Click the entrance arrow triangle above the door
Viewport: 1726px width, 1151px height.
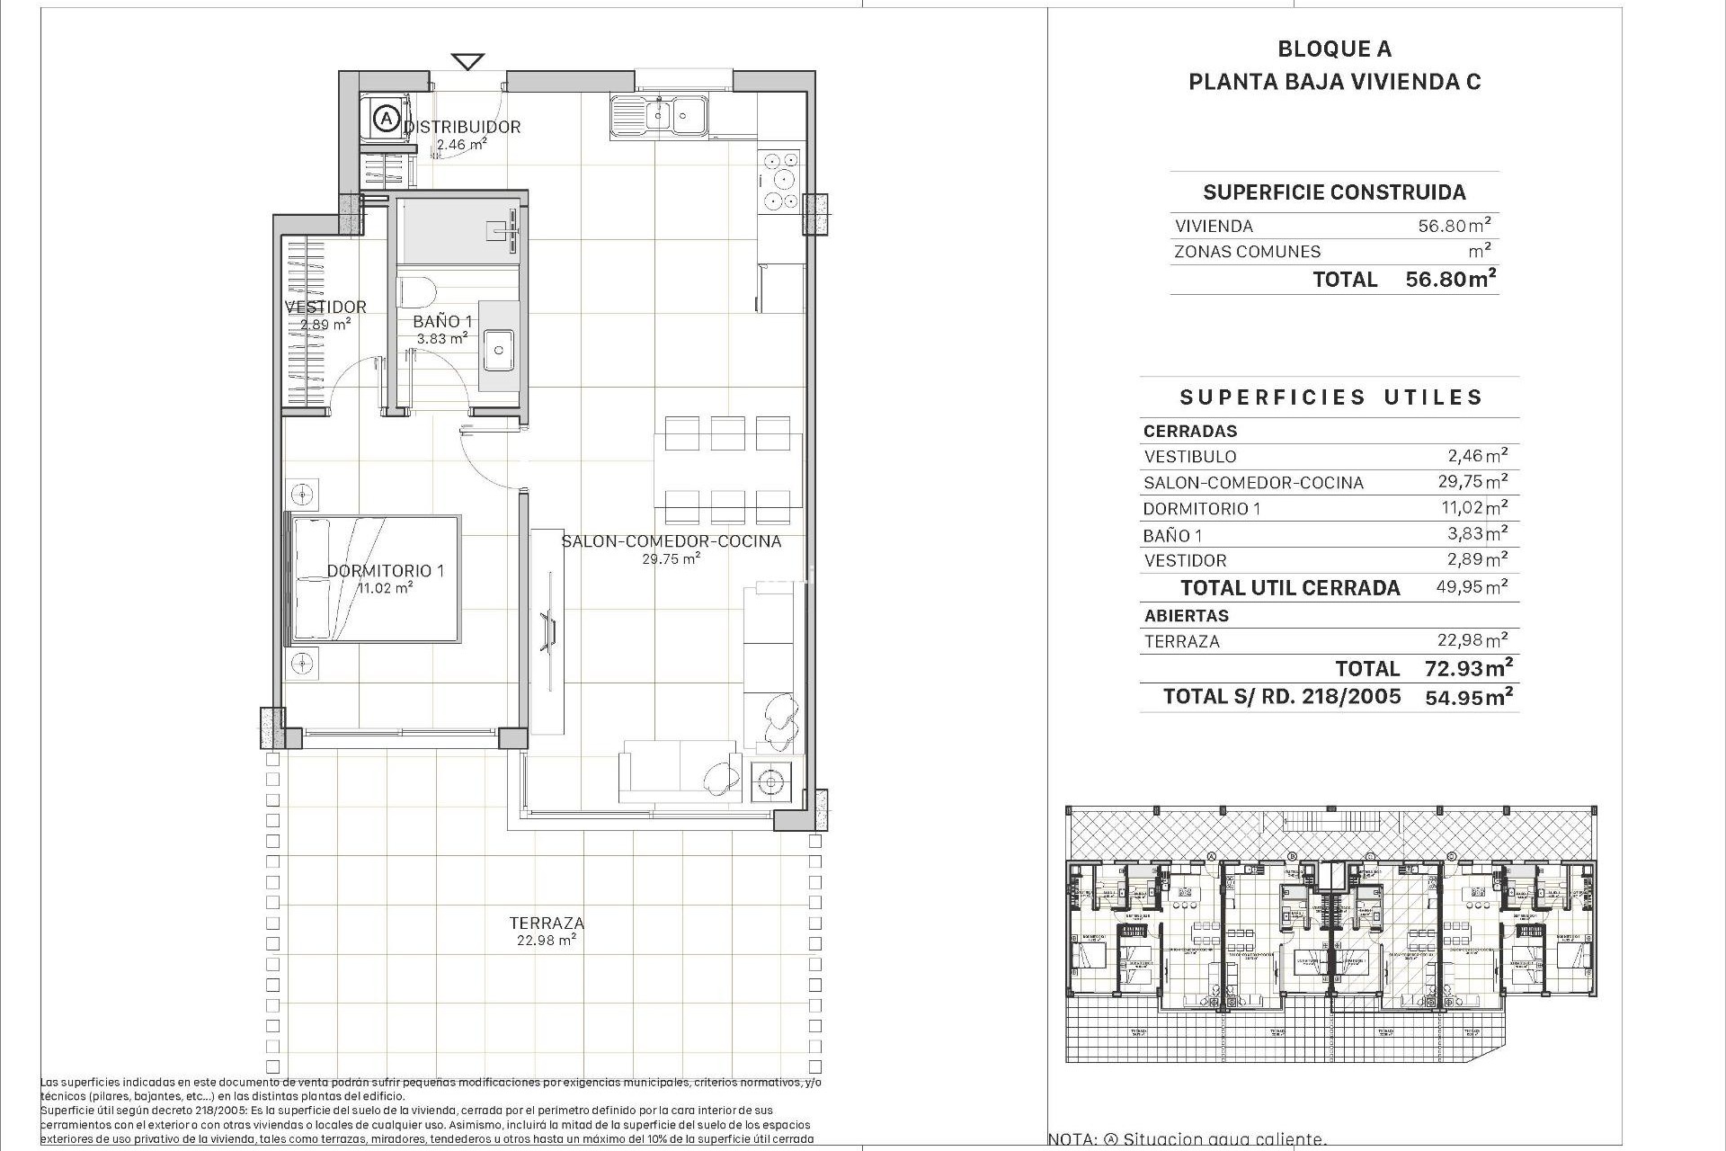click(x=467, y=62)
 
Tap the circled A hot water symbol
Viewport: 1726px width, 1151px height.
click(x=386, y=118)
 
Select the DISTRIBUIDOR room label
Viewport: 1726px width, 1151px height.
click(x=462, y=127)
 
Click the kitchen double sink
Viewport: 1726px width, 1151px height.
click(x=659, y=116)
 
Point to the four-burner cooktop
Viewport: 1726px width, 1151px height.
click(x=779, y=180)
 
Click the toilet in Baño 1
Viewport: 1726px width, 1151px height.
click(x=416, y=291)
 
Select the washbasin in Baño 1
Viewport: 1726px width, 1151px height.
click(x=497, y=350)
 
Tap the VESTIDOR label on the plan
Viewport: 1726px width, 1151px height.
click(x=325, y=307)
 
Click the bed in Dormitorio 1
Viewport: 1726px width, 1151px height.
click(x=373, y=578)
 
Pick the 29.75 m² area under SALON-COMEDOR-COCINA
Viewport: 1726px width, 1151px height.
click(x=671, y=558)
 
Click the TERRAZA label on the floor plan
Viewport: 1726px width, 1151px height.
click(x=547, y=923)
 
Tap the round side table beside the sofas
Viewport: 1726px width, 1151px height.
click(x=769, y=782)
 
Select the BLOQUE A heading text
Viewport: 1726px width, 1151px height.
click(x=1334, y=49)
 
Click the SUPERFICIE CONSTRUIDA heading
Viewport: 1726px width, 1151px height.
click(x=1334, y=192)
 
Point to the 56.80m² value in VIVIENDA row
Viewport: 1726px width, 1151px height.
click(x=1454, y=226)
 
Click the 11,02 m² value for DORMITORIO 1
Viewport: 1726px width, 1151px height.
click(x=1473, y=508)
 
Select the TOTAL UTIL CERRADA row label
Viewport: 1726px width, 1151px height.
click(x=1290, y=588)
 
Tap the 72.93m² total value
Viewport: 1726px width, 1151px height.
click(x=1468, y=668)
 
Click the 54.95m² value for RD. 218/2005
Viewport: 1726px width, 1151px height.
click(x=1468, y=696)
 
